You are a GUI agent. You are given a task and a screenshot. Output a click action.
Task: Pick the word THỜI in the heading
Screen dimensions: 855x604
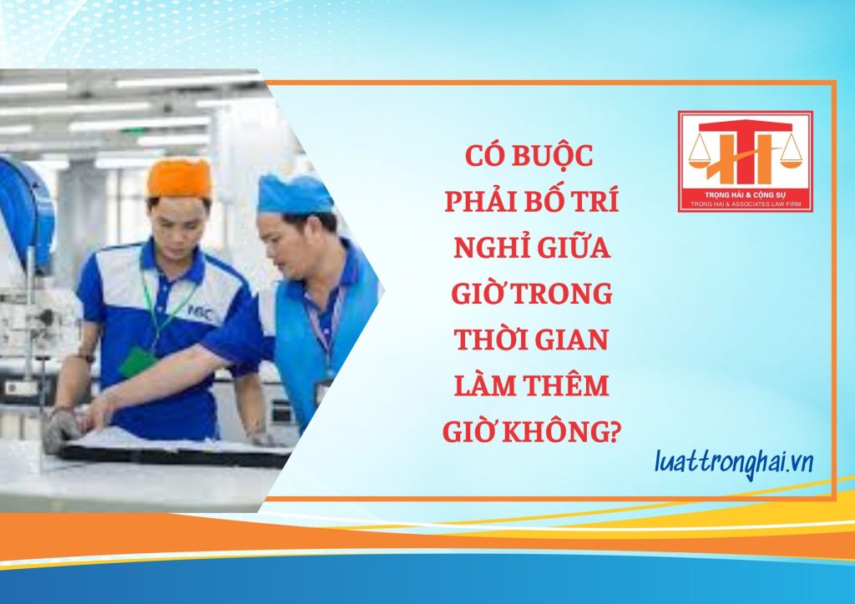[x=487, y=339]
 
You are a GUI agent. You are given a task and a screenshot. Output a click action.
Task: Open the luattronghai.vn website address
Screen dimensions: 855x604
[x=733, y=464]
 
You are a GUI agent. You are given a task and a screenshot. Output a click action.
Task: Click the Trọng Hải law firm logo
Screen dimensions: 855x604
[x=746, y=162]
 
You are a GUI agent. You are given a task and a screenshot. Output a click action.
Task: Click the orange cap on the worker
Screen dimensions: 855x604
[x=179, y=178]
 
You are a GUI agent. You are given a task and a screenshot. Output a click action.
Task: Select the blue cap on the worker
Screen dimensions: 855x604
[x=295, y=194]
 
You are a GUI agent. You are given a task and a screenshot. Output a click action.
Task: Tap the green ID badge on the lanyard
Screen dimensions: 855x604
[x=136, y=361]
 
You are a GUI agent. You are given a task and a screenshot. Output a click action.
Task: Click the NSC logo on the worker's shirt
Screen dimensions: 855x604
[x=200, y=313]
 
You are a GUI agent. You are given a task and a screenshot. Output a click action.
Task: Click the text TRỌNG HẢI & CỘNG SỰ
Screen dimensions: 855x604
[x=745, y=194]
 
